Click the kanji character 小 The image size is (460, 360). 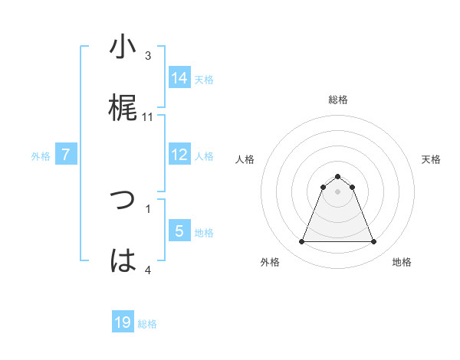pyautogui.click(x=123, y=47)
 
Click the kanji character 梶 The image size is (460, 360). pyautogui.click(x=123, y=109)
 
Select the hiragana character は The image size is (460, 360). pyautogui.click(x=123, y=261)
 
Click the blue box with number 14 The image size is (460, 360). pyautogui.click(x=179, y=77)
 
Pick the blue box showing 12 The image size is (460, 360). pyautogui.click(x=179, y=155)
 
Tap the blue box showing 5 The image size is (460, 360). pyautogui.click(x=179, y=231)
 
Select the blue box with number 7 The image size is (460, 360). pyautogui.click(x=66, y=155)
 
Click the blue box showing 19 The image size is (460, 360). pyautogui.click(x=123, y=322)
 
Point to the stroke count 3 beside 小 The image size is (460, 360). pyautogui.click(x=148, y=55)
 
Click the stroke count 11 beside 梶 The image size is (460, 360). pyautogui.click(x=148, y=117)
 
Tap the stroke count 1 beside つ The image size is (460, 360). pyautogui.click(x=148, y=208)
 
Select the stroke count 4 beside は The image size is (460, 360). pyautogui.click(x=148, y=270)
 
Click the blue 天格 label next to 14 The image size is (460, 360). pyautogui.click(x=204, y=79)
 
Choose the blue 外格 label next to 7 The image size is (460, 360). pyautogui.click(x=41, y=156)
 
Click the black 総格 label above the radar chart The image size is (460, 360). pyautogui.click(x=338, y=100)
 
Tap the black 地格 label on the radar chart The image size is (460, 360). pyautogui.click(x=402, y=262)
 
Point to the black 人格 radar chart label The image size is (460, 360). pyautogui.click(x=245, y=159)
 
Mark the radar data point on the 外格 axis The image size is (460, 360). pyautogui.click(x=301, y=242)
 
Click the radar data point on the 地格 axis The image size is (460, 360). pyautogui.click(x=374, y=242)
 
